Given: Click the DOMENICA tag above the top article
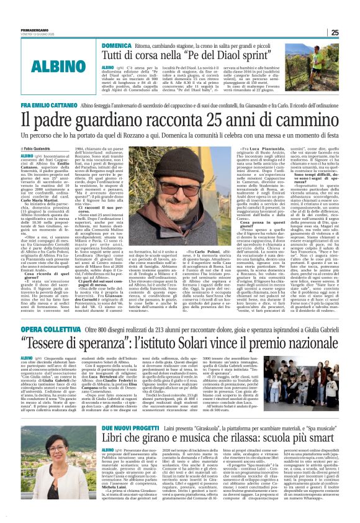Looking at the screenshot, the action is click(x=115, y=45).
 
